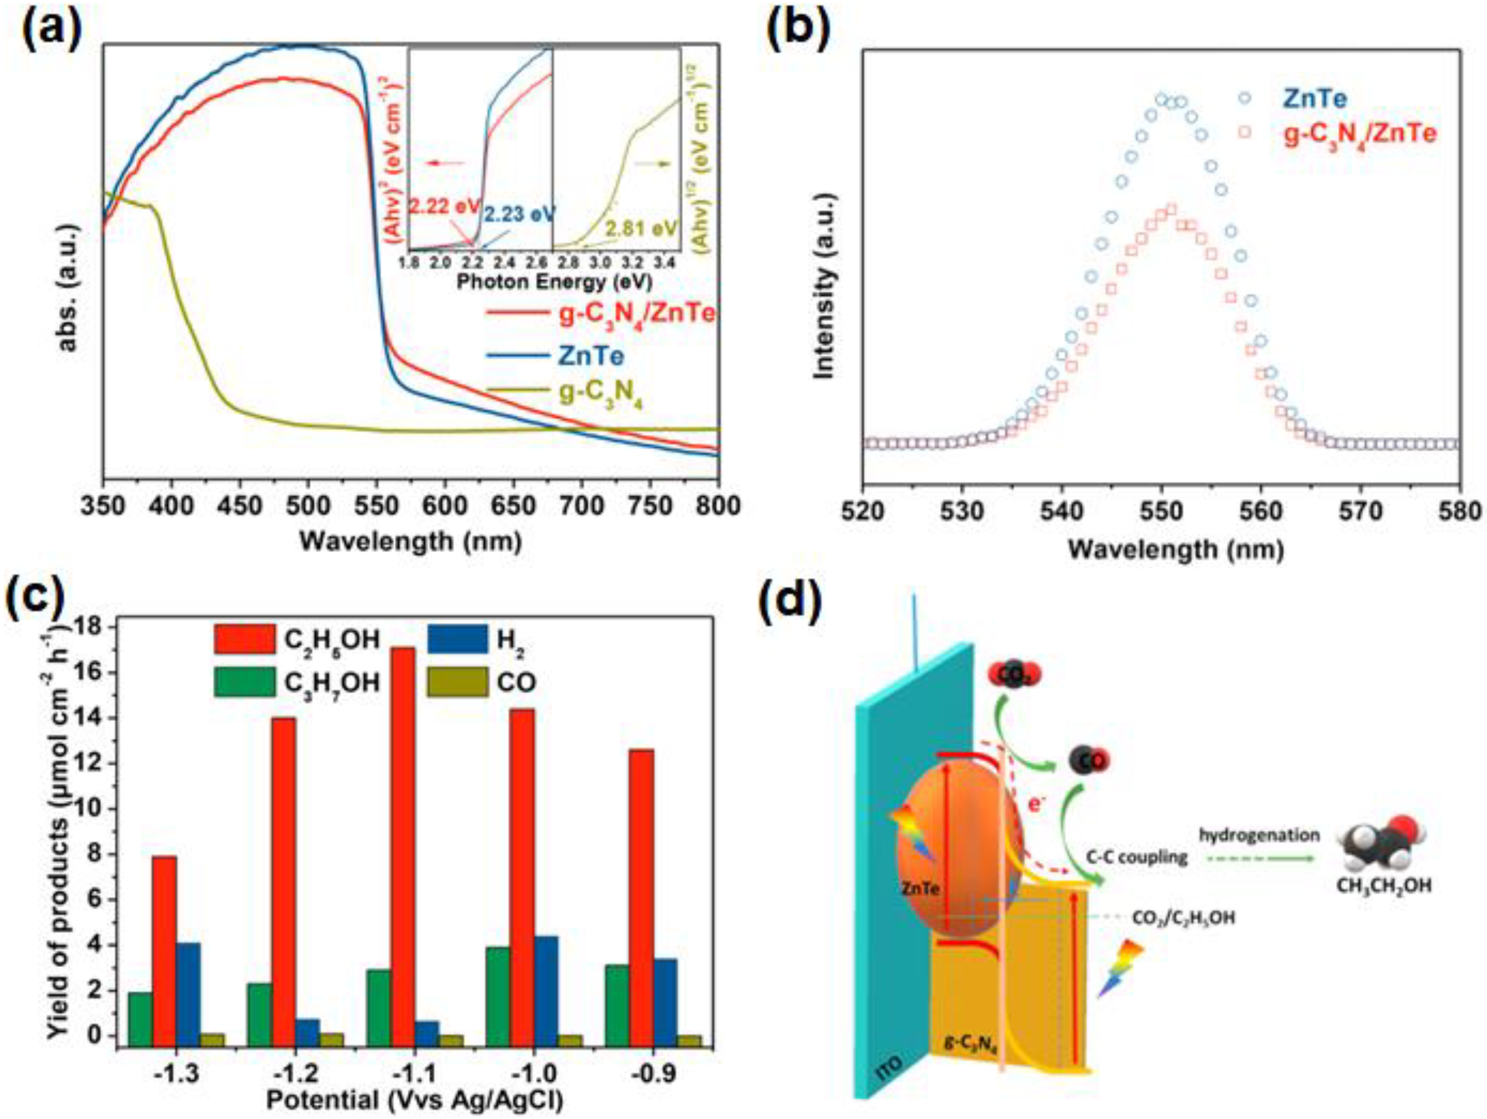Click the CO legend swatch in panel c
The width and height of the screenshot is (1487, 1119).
(x=458, y=682)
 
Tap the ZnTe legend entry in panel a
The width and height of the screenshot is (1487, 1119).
(x=590, y=356)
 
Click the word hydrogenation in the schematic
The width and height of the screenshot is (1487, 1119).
(x=1259, y=835)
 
